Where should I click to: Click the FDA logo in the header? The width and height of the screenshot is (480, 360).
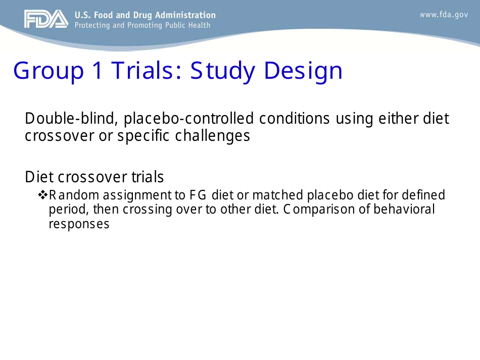[x=46, y=19]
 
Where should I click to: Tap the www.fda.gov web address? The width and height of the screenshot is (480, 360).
[x=444, y=15]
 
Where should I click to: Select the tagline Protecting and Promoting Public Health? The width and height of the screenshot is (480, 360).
[x=142, y=25]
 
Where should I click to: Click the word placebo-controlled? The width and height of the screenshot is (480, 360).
[x=189, y=119]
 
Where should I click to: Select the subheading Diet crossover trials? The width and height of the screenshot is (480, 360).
[x=94, y=177]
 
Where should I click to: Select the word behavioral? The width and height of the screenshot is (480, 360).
[x=404, y=209]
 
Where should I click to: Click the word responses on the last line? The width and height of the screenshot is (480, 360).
[x=79, y=224]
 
